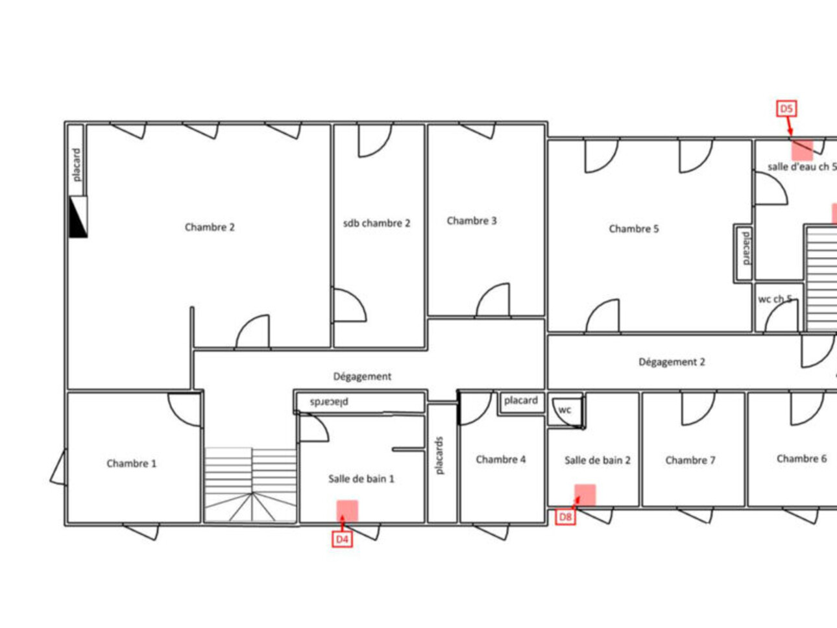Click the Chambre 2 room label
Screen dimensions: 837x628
pos(210,227)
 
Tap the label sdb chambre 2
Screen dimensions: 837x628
pos(377,223)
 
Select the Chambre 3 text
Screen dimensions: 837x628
pos(472,221)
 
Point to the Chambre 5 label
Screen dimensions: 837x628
pos(634,229)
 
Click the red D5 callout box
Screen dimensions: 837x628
pos(786,109)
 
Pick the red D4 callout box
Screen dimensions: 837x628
pos(342,539)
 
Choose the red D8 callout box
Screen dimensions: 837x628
pos(565,517)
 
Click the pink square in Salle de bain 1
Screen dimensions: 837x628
pos(347,511)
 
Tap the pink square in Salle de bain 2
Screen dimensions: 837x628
pos(585,495)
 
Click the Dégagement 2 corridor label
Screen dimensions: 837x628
pos(672,362)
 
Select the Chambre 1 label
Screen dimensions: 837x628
pos(132,463)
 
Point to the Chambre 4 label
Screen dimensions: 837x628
pos(501,459)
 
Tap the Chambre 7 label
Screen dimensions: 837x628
pos(690,460)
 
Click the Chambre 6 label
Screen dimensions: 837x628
pos(801,459)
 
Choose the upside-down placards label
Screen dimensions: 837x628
pos(329,402)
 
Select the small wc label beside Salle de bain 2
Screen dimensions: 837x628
pos(564,410)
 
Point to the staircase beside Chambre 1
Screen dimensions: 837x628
pos(251,484)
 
